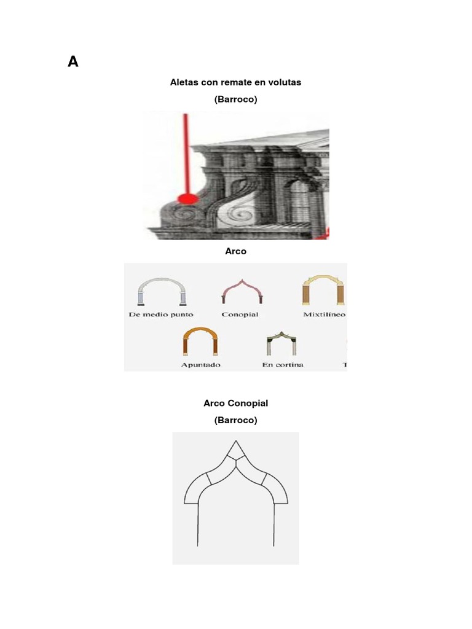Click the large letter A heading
tap(73, 61)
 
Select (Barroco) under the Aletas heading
tap(235, 99)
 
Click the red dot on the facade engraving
tap(187, 198)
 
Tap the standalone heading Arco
tap(235, 251)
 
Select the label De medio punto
tap(162, 314)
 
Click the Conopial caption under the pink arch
tap(240, 314)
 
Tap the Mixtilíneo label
tap(324, 314)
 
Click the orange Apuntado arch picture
tap(200, 342)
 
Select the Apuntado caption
tap(200, 364)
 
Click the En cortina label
tap(282, 364)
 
